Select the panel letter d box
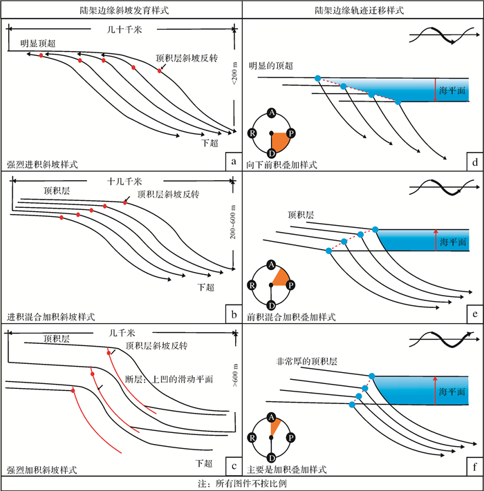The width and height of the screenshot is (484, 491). pyautogui.click(x=474, y=163)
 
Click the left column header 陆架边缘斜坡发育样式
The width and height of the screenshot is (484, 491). pyautogui.click(x=121, y=10)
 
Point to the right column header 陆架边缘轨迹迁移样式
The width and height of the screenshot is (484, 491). pyautogui.click(x=362, y=10)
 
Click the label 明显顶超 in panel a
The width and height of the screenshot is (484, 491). pyautogui.click(x=38, y=43)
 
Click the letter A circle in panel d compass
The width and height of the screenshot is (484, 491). pyautogui.click(x=272, y=113)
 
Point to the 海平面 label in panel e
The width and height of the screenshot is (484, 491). pyautogui.click(x=452, y=242)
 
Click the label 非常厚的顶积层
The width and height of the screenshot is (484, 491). pyautogui.click(x=306, y=360)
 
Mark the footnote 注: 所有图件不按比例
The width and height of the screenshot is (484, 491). pyautogui.click(x=241, y=483)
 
